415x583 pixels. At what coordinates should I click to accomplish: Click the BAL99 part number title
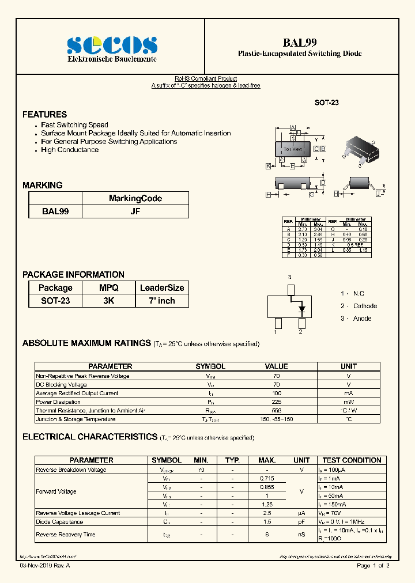299,42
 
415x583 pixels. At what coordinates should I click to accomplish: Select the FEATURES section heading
44,115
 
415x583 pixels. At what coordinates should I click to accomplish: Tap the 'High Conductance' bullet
69,150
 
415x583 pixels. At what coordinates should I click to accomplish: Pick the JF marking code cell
135,211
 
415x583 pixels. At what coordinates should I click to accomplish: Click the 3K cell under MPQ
108,301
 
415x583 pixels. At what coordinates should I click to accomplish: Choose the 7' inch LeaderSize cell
162,301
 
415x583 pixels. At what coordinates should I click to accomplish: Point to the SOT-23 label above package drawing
326,102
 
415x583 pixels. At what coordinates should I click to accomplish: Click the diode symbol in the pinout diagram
301,309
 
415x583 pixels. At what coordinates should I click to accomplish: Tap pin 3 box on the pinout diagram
290,289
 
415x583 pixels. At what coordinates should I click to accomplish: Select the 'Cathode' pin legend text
365,306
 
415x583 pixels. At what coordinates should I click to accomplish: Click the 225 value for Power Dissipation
276,402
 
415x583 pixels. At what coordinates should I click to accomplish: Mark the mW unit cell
348,402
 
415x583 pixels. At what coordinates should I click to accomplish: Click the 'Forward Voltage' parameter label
56,491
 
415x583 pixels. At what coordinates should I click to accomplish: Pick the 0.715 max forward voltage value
267,479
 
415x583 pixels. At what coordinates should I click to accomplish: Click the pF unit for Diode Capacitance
301,522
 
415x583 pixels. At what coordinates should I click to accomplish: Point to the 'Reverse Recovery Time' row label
65,535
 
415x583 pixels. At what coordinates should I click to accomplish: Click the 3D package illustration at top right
364,149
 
